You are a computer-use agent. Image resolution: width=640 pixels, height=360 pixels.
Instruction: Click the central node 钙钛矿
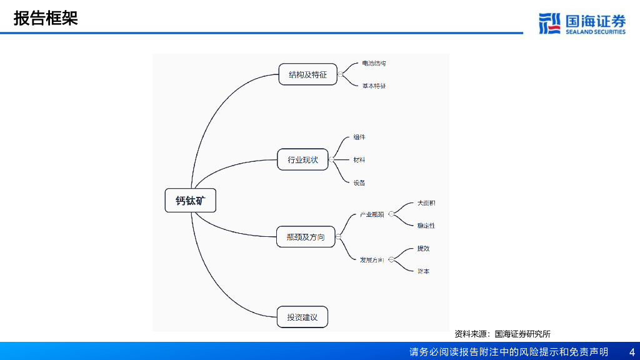click(191, 201)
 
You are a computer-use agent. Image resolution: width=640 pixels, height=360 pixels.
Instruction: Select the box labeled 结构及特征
click(307, 74)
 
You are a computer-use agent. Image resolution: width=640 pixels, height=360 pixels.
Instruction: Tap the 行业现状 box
click(302, 160)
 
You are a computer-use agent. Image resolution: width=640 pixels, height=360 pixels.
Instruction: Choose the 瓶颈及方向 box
click(306, 237)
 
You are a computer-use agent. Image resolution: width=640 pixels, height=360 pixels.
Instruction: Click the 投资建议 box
click(302, 317)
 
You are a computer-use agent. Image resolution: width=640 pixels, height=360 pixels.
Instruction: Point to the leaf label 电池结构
click(374, 63)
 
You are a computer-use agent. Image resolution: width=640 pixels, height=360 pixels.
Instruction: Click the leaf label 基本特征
click(374, 86)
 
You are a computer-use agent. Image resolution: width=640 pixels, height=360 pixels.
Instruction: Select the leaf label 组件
click(359, 137)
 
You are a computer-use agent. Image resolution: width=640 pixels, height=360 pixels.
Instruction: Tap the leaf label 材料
click(359, 160)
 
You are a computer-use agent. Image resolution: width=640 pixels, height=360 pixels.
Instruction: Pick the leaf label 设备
click(359, 182)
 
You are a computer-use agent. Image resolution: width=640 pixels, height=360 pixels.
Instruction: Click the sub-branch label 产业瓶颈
click(372, 214)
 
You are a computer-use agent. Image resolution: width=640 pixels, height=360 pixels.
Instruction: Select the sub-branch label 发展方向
click(372, 259)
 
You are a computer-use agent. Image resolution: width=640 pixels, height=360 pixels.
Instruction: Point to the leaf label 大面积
click(426, 203)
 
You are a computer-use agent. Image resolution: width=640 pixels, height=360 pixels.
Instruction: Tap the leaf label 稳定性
click(426, 226)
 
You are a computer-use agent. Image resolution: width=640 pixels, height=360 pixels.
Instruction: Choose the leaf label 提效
click(424, 248)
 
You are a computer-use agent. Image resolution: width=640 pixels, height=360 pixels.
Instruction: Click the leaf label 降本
click(424, 271)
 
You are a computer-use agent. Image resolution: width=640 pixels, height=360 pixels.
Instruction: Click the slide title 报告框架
click(46, 18)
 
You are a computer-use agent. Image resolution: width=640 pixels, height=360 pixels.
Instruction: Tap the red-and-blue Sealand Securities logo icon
click(550, 23)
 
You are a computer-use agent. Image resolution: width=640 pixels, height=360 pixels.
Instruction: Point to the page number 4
click(631, 352)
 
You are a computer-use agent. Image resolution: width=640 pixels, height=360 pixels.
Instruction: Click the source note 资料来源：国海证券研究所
click(502, 334)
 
